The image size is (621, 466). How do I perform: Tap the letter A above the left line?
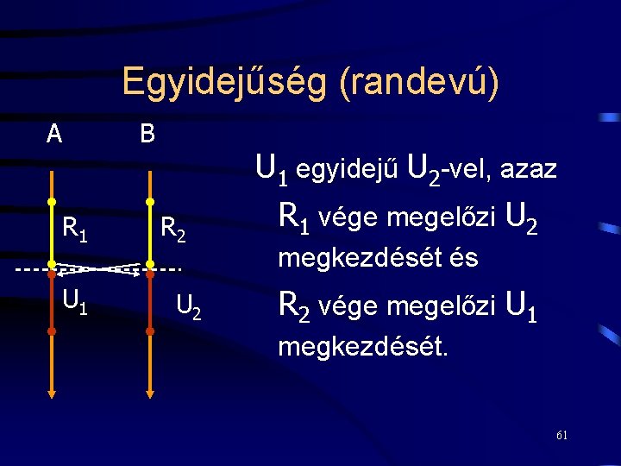[x=54, y=134]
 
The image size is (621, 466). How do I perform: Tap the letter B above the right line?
[x=147, y=134]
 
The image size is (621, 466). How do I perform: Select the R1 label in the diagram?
[x=74, y=229]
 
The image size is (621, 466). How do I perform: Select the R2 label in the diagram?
[x=175, y=230]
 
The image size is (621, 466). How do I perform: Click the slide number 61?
[x=561, y=435]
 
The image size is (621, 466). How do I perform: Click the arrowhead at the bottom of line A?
[x=52, y=394]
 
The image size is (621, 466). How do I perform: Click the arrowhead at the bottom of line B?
[x=149, y=394]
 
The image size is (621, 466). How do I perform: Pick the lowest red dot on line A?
[x=52, y=331]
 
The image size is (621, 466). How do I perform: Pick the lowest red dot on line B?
[x=149, y=331]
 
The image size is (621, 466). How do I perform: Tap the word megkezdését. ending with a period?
[x=362, y=348]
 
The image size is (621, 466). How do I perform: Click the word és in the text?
[x=463, y=257]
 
